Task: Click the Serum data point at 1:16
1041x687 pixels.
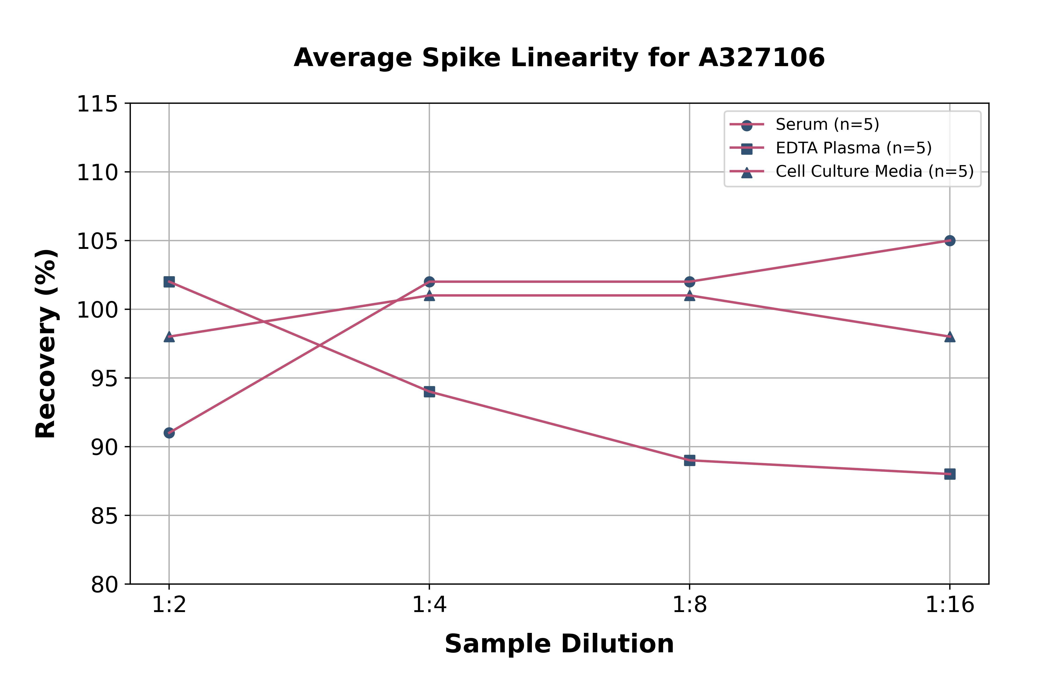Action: (x=949, y=241)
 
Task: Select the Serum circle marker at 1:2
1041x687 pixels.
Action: (x=169, y=433)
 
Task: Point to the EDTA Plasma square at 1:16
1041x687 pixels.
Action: (x=949, y=474)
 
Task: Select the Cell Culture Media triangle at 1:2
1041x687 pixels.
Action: (x=169, y=337)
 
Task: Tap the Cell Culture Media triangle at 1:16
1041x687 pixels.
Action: (x=949, y=337)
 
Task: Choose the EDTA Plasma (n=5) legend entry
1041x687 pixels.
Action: (x=853, y=148)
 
